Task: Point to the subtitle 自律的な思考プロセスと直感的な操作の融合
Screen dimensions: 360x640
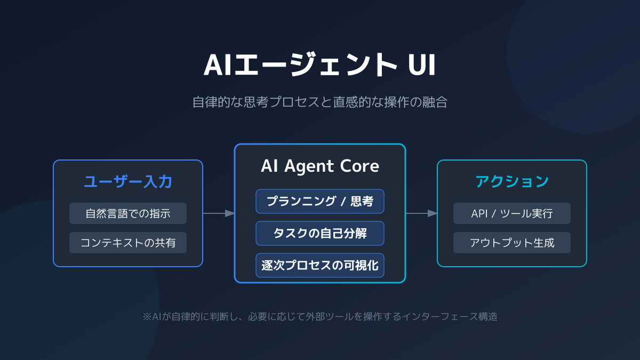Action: click(320, 102)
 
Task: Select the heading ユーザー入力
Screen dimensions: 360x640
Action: click(128, 182)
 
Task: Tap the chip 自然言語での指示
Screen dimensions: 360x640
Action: click(128, 213)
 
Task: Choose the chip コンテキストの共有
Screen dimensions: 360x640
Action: click(128, 243)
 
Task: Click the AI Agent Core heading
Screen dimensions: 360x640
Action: click(320, 166)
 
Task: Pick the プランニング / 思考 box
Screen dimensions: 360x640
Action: click(320, 201)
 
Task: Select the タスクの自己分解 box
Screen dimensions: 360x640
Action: click(320, 233)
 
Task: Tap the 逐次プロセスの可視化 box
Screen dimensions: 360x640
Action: click(320, 265)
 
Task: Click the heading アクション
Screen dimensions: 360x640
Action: click(512, 182)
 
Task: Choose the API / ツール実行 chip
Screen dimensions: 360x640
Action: click(512, 213)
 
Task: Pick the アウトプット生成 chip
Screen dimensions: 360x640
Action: click(512, 243)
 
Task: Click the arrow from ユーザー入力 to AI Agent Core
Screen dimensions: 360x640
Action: click(219, 213)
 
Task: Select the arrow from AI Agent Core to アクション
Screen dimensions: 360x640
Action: click(421, 213)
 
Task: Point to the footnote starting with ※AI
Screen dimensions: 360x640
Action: click(320, 316)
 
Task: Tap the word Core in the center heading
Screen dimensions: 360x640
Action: click(359, 166)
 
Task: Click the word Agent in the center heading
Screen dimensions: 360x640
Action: click(309, 166)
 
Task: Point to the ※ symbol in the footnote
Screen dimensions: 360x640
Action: click(147, 316)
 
